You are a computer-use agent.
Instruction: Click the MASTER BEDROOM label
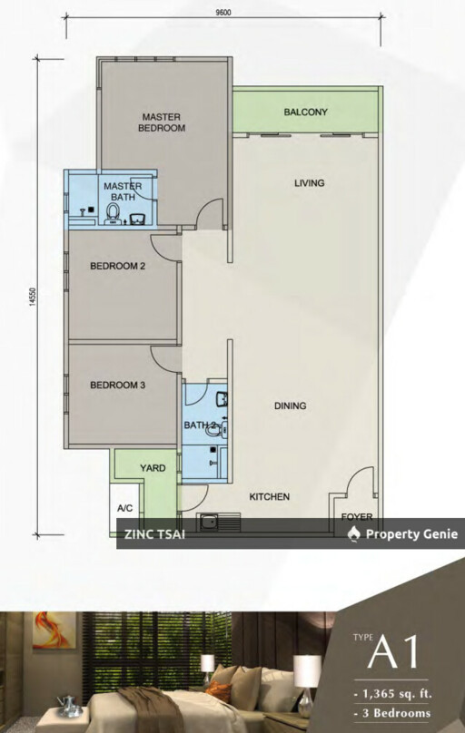162,122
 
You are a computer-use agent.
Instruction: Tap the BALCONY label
305,112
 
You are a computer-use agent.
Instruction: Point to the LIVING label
309,182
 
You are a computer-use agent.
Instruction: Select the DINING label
290,406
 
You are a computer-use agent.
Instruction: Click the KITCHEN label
270,496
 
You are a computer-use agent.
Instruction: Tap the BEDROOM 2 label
118,266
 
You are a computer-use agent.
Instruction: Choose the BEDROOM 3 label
118,386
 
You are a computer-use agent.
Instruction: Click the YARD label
153,468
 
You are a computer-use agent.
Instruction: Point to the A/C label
125,508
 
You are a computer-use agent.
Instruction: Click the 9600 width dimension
223,13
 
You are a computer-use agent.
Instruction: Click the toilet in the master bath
114,213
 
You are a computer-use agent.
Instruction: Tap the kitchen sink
220,523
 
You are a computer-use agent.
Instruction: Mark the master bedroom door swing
209,213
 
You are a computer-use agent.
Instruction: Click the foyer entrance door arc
361,482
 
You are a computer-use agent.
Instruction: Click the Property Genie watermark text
411,533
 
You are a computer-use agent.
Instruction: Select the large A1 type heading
392,651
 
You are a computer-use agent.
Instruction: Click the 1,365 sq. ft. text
393,693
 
